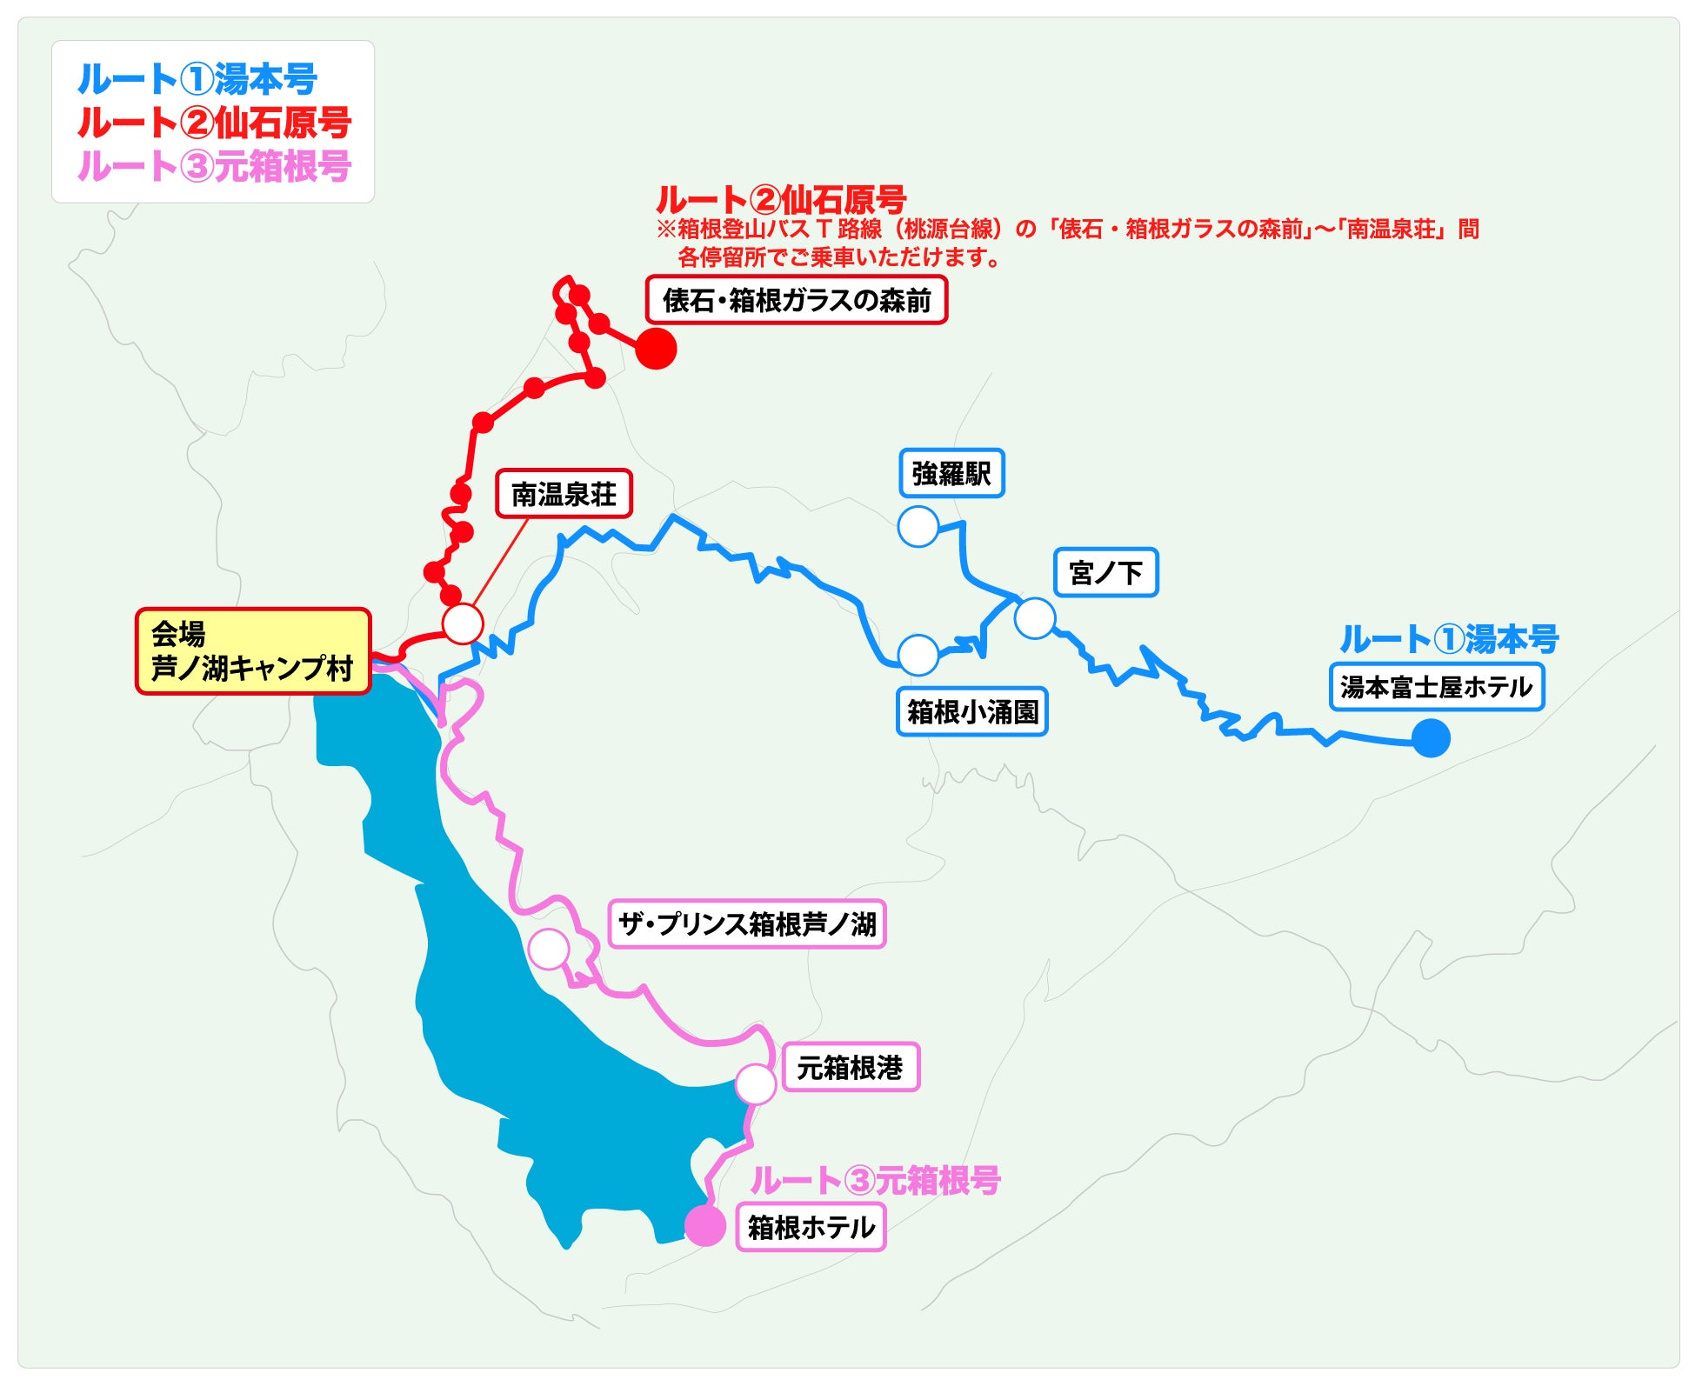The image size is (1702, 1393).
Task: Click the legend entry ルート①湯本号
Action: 197,79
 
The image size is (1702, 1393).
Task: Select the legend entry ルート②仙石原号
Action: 214,123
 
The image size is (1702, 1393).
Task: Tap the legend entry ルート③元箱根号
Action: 214,165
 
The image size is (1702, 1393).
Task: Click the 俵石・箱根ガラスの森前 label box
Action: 796,300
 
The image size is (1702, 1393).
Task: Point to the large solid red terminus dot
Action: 656,349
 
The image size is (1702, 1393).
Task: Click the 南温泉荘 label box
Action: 564,494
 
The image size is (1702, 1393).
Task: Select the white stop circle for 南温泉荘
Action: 463,623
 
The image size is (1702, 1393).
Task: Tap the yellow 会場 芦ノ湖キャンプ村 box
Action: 252,650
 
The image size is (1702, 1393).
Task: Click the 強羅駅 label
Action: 951,473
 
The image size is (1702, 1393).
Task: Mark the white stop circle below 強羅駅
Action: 918,526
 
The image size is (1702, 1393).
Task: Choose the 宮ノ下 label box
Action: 1105,572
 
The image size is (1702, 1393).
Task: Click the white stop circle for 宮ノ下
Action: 1034,618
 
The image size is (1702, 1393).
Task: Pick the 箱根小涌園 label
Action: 971,711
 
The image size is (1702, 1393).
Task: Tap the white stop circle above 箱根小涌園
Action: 918,655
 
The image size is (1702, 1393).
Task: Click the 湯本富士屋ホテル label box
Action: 1436,687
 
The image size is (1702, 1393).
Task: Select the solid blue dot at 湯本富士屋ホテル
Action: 1431,738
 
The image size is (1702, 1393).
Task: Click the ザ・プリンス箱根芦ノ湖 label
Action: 746,923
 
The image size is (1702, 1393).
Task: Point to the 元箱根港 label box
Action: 850,1067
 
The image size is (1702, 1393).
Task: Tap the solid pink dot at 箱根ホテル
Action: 704,1226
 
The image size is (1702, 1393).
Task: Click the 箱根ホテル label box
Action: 811,1227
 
